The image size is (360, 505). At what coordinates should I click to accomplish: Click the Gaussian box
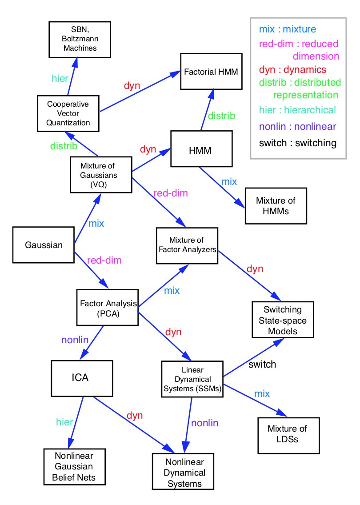point(44,244)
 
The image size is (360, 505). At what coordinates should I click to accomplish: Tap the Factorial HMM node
point(211,71)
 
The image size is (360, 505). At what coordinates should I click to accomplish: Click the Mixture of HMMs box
point(276,206)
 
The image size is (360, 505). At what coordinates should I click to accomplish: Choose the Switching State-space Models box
point(283,320)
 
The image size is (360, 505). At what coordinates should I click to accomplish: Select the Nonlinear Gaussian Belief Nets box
point(75,467)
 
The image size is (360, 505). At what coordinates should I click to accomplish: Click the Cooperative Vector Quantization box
point(68,113)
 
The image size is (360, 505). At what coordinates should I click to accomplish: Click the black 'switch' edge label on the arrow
point(262,365)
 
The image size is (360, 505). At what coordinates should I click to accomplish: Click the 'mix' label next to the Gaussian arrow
point(96,223)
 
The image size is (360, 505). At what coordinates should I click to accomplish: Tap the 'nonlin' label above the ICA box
point(74,340)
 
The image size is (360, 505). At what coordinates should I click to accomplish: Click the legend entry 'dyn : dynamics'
point(292,70)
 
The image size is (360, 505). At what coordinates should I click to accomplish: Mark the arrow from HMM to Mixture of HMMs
point(222,187)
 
